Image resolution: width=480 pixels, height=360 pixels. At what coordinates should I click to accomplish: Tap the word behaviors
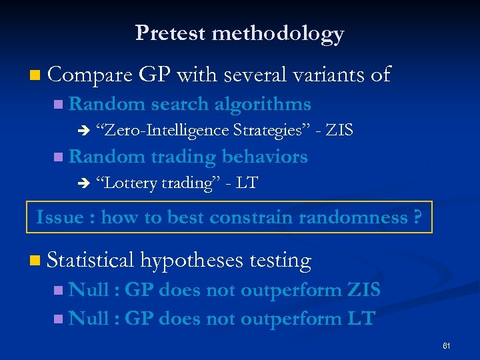pos(265,157)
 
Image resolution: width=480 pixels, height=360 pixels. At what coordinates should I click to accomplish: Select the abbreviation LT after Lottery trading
pos(247,183)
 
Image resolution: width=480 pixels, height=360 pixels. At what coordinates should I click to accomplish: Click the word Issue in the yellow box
pos(59,217)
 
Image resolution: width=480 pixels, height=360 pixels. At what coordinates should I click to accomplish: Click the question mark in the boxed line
pos(417,217)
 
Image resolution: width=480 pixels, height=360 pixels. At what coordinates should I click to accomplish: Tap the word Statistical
pos(91,261)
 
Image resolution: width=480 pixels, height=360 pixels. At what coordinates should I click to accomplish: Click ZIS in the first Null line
pos(364,290)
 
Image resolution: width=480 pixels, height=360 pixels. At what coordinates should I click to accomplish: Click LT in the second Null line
pos(361,319)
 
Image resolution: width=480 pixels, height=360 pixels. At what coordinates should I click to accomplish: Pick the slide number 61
pos(446,346)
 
